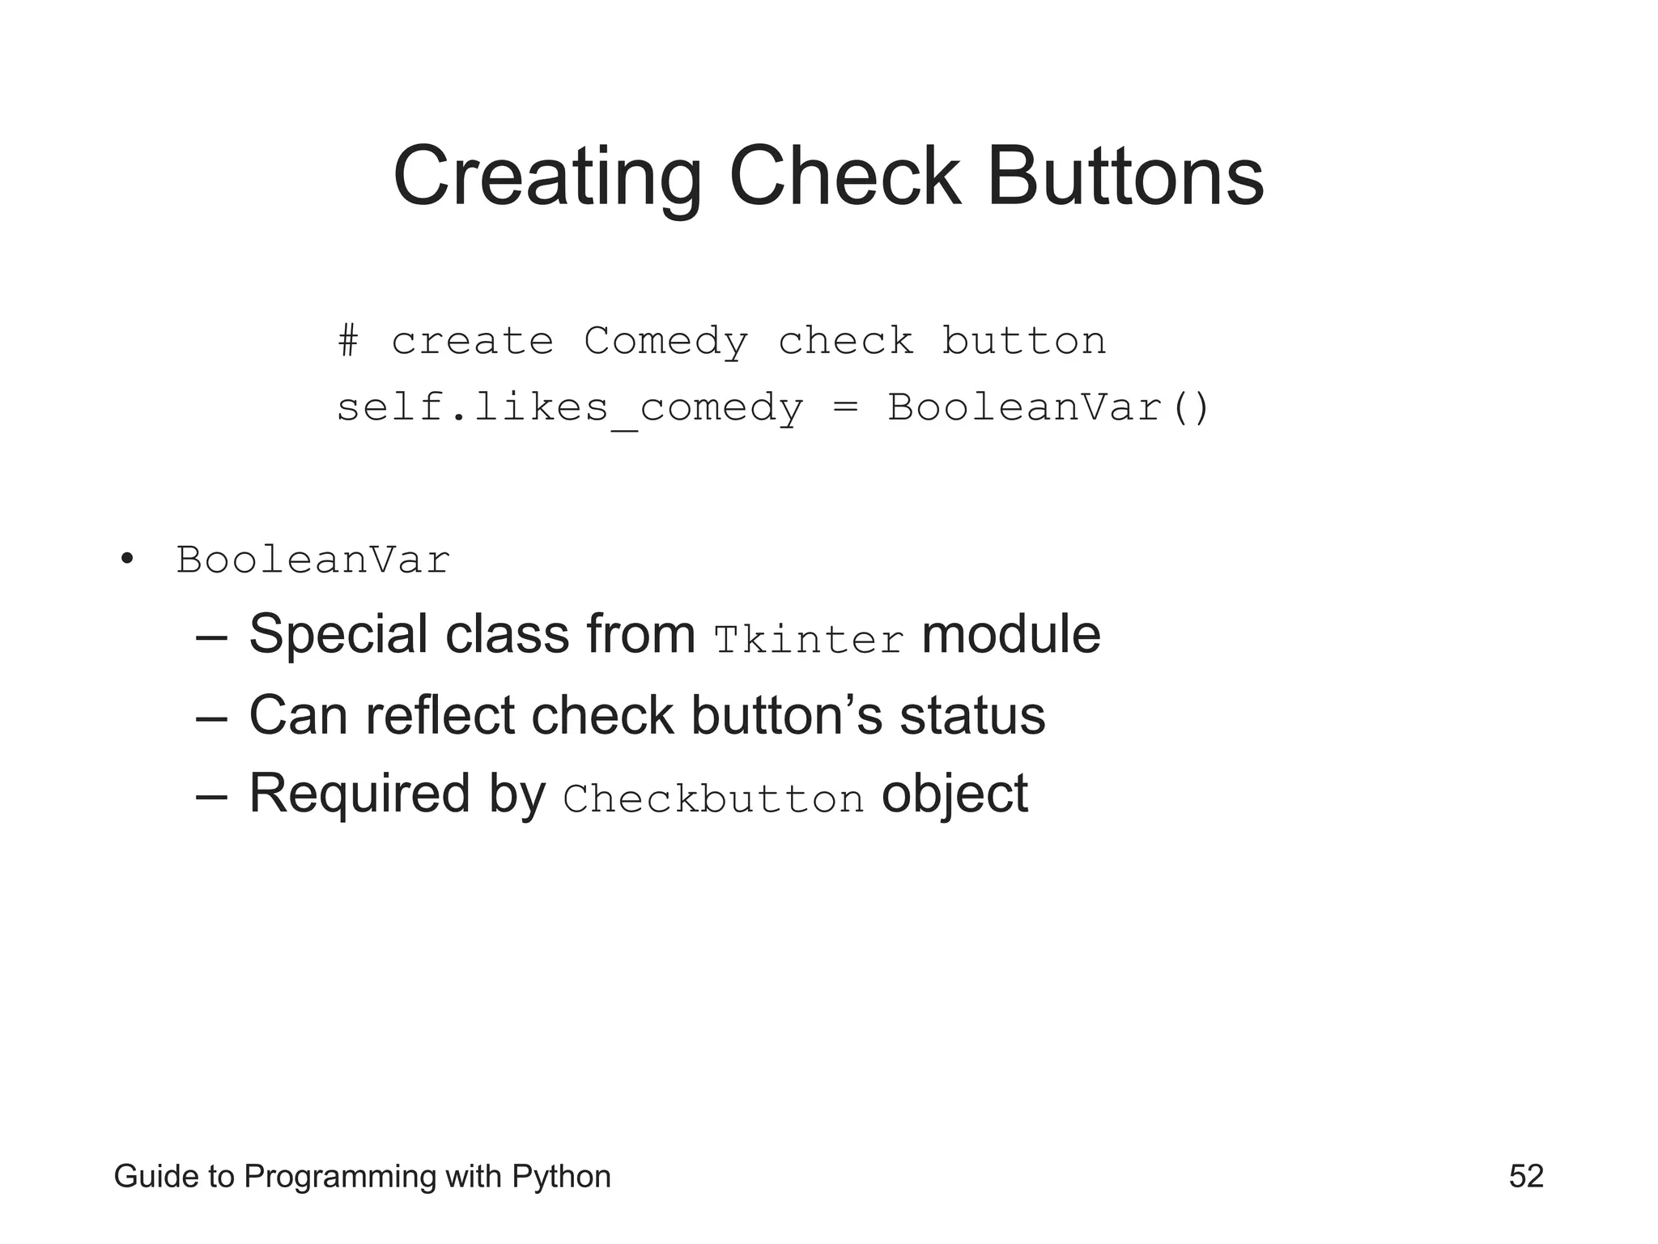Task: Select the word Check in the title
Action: click(844, 177)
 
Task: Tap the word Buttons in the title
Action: click(1124, 177)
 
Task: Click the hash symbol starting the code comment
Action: click(348, 340)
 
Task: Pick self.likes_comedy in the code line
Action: click(569, 407)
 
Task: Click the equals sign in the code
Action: click(844, 407)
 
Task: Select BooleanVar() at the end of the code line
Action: click(1048, 407)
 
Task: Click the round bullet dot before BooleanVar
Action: click(126, 558)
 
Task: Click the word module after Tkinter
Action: click(1010, 634)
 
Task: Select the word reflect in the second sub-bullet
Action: click(440, 716)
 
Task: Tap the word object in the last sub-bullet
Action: click(954, 794)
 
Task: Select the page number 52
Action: click(1526, 1176)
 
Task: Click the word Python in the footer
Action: click(561, 1177)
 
